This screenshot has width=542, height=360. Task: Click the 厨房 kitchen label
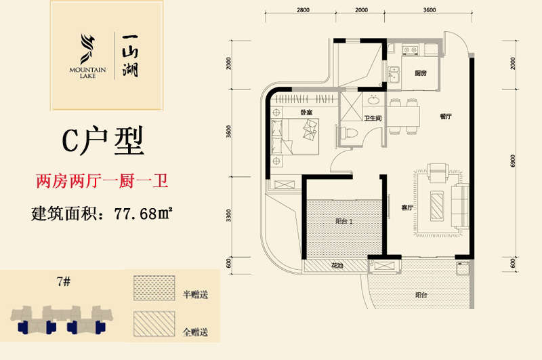pyautogui.click(x=421, y=73)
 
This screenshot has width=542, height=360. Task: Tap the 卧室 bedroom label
pyautogui.click(x=306, y=112)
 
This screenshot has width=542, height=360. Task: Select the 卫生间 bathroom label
pyautogui.click(x=373, y=118)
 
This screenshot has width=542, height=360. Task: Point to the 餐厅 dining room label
pyautogui.click(x=446, y=117)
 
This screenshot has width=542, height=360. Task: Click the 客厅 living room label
pyautogui.click(x=407, y=207)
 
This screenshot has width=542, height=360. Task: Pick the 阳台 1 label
pyautogui.click(x=344, y=221)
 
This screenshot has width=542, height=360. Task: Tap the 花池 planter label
pyautogui.click(x=337, y=266)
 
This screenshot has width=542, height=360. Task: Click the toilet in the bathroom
pyautogui.click(x=348, y=133)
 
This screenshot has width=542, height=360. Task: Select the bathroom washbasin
pyautogui.click(x=373, y=100)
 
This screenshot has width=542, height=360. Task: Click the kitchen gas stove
pyautogui.click(x=411, y=50)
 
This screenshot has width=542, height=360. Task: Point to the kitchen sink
pyautogui.click(x=394, y=75)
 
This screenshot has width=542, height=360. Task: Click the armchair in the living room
pyautogui.click(x=438, y=172)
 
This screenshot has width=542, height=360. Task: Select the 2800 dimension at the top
pyautogui.click(x=303, y=10)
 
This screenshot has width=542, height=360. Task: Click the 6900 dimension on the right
pyautogui.click(x=513, y=161)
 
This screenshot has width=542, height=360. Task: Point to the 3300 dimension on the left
pyautogui.click(x=228, y=216)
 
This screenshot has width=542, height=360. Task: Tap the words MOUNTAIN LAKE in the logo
pyautogui.click(x=87, y=73)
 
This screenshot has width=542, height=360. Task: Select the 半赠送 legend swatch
pyautogui.click(x=154, y=287)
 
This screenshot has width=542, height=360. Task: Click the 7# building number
pyautogui.click(x=64, y=282)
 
